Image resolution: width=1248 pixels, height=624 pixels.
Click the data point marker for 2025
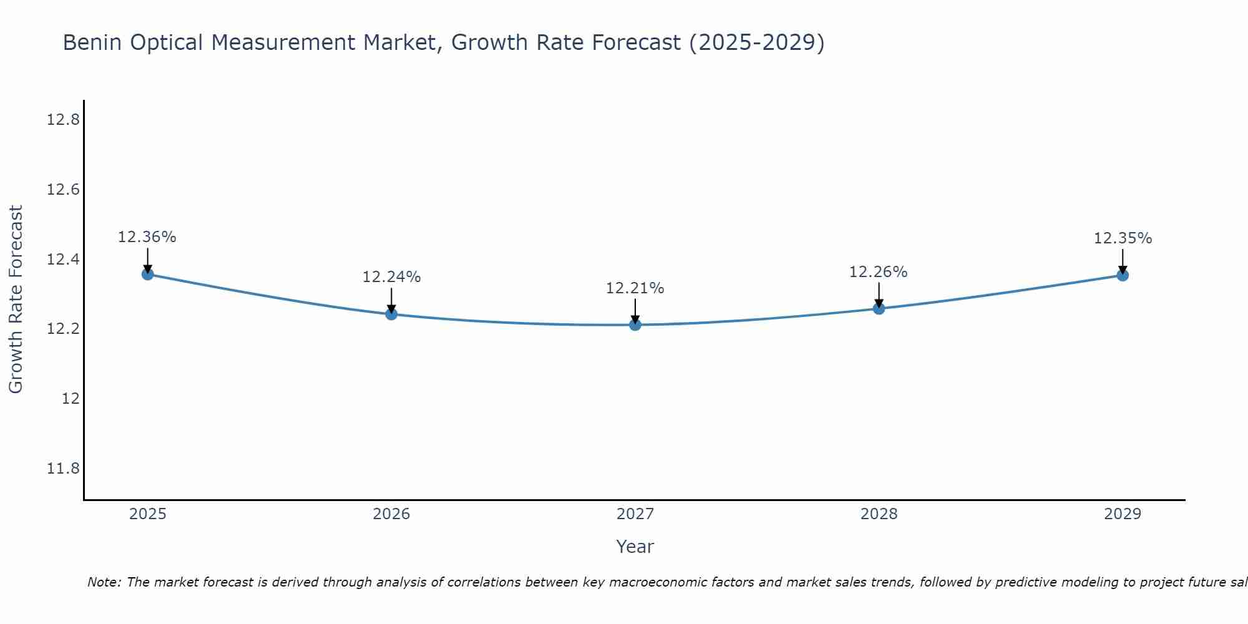click(148, 274)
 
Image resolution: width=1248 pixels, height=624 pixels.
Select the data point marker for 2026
click(391, 314)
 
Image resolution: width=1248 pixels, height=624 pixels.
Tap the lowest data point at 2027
click(635, 324)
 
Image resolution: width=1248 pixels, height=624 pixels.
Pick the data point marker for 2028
click(879, 308)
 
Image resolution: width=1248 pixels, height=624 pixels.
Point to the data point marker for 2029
click(1123, 275)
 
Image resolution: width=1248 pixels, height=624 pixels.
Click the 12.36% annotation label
click(147, 237)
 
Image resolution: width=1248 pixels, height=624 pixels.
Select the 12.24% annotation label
click(391, 277)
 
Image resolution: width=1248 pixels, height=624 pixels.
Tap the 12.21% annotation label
click(635, 288)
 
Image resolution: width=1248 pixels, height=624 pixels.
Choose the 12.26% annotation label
click(878, 272)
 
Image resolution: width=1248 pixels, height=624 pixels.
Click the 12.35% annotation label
click(1123, 238)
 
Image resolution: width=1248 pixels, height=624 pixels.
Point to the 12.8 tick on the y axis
click(63, 120)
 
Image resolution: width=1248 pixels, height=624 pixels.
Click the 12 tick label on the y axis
click(71, 398)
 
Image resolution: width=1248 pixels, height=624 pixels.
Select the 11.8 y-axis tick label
click(63, 468)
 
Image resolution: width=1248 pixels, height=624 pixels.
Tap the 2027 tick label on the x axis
click(635, 514)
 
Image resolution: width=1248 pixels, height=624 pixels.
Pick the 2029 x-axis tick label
click(1123, 514)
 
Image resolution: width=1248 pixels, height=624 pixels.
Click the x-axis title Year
click(635, 547)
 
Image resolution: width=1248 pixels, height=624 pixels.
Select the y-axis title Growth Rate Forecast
click(16, 300)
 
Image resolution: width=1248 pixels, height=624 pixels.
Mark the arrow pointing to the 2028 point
click(879, 294)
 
